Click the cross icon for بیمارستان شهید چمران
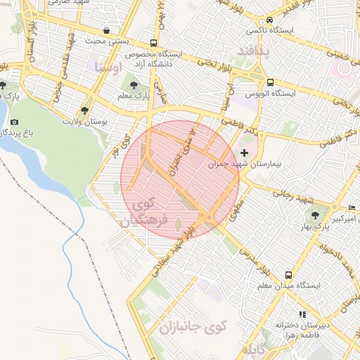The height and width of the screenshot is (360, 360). coord(244,153)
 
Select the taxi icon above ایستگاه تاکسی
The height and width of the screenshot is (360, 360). coord(270,20)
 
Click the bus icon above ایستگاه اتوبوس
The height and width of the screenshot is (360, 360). coord(270,82)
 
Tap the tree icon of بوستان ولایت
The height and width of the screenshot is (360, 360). coord(85,110)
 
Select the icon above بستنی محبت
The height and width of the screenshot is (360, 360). coord(105,31)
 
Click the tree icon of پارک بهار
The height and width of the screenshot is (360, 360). coord(314,214)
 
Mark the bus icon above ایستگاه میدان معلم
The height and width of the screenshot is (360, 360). coord(288,275)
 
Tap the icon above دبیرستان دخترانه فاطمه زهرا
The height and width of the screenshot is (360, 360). coord(302,314)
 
